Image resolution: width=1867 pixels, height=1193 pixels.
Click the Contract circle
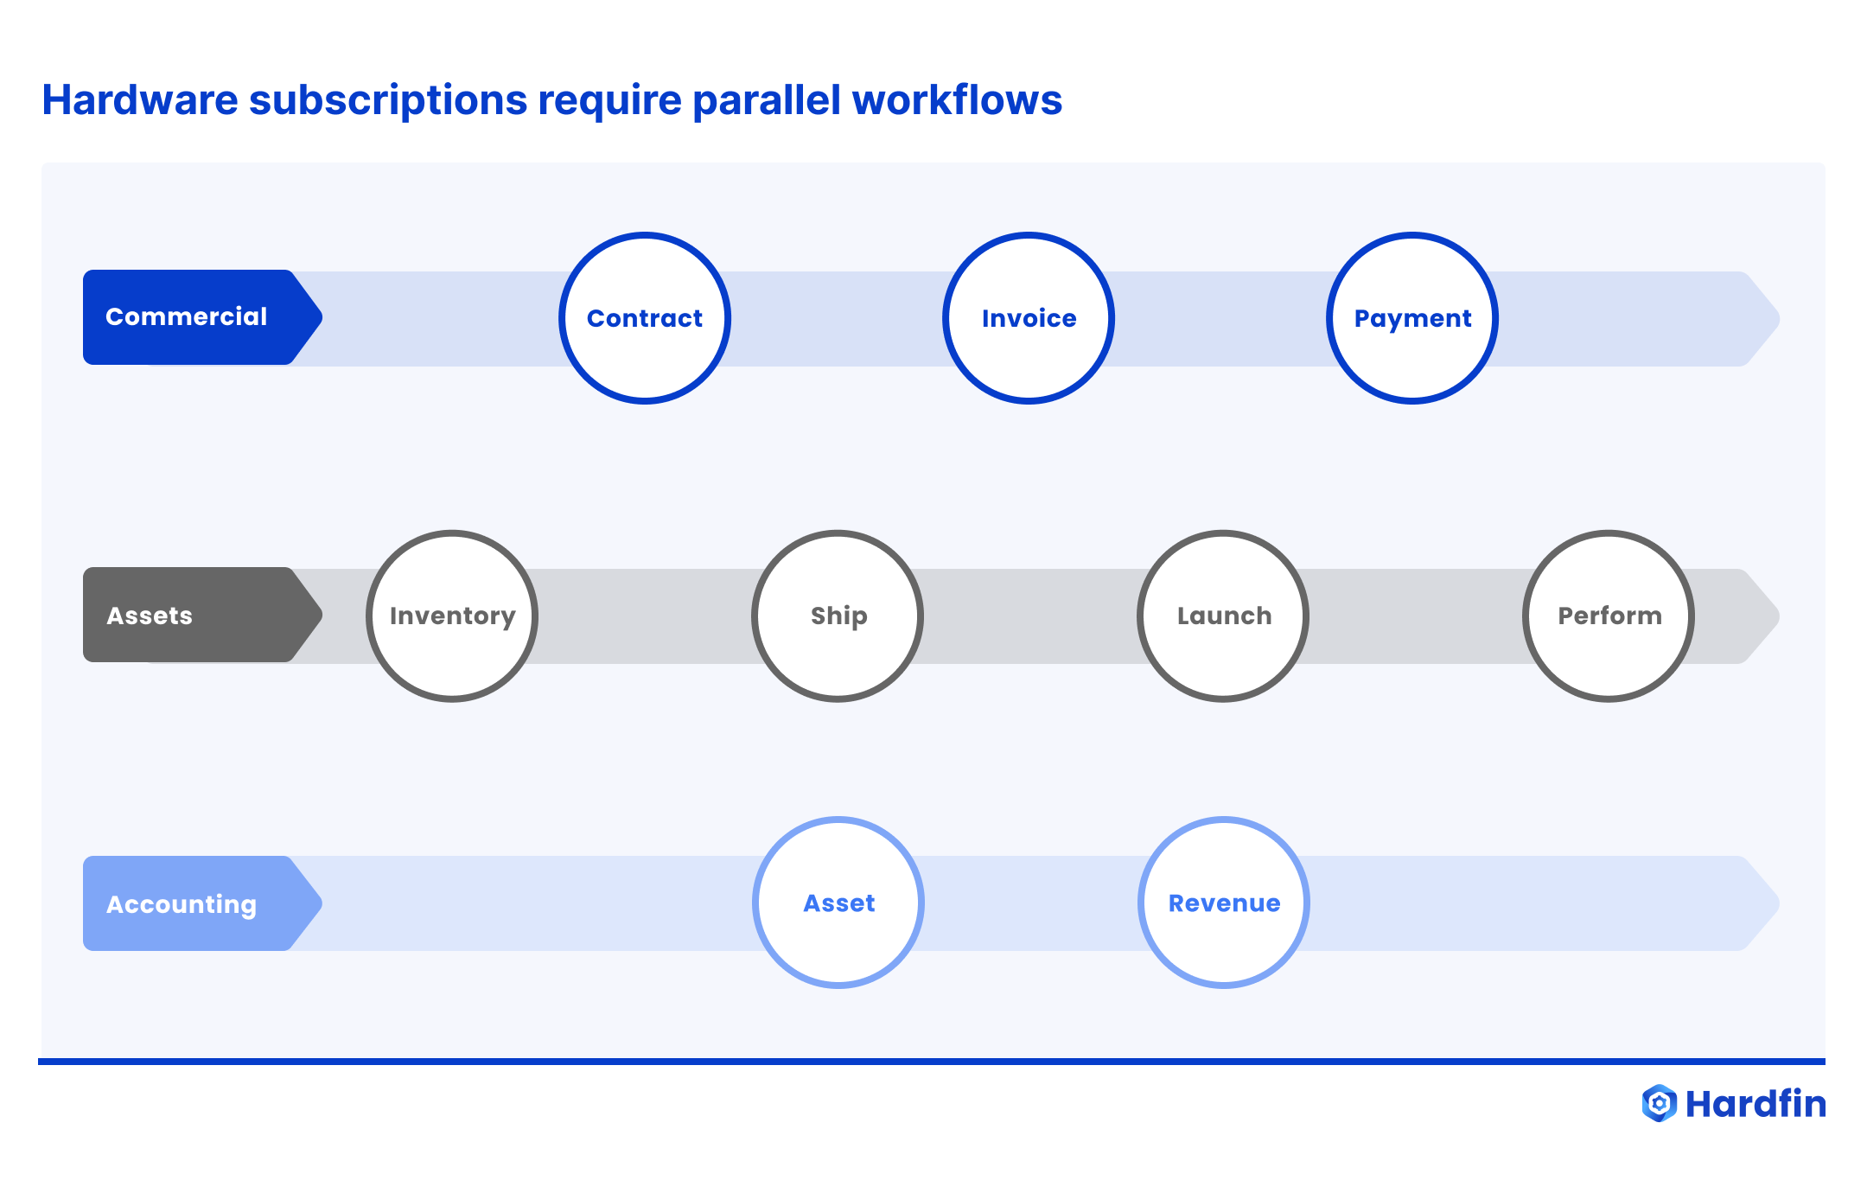click(645, 318)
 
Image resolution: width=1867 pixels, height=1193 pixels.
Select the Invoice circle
click(1029, 318)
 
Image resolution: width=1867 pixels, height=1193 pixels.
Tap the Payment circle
click(1412, 318)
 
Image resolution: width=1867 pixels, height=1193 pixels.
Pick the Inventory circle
click(452, 616)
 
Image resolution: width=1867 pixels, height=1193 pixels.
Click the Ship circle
click(838, 616)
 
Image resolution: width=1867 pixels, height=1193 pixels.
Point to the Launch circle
click(1223, 616)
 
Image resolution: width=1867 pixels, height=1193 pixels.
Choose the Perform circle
click(1609, 616)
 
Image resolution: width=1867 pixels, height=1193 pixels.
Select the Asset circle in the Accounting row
click(838, 903)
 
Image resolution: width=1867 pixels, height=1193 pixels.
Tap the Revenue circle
click(1224, 903)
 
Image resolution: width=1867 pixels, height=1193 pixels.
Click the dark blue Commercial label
click(187, 317)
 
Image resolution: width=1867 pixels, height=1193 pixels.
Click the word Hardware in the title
click(140, 100)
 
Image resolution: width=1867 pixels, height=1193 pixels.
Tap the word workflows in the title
click(957, 100)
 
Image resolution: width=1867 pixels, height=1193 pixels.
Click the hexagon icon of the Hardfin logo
click(1659, 1103)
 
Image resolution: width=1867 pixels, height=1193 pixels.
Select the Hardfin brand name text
click(1755, 1104)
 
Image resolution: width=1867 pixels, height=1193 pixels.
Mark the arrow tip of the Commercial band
click(1763, 319)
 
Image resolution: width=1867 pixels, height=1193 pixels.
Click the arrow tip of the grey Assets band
click(1763, 616)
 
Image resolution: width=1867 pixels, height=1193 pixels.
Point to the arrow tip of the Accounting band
click(1763, 903)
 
